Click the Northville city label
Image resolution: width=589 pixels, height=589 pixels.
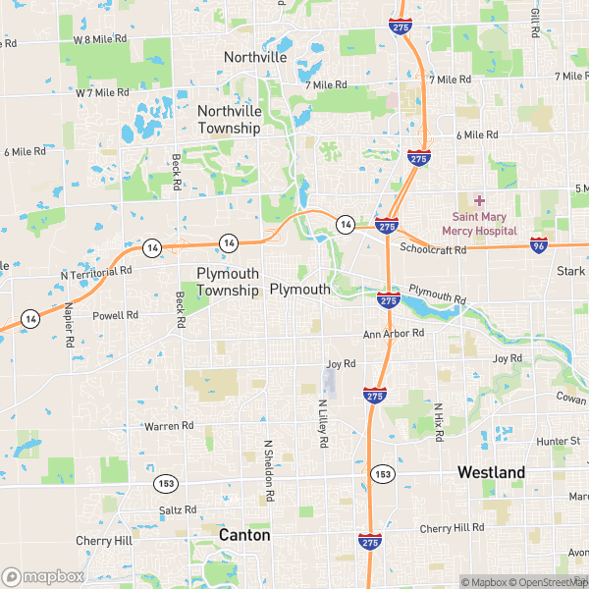(255, 57)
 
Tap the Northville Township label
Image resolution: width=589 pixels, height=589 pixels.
(229, 119)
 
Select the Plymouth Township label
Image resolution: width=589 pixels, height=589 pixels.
(228, 281)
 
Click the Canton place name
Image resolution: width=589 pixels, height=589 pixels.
(244, 535)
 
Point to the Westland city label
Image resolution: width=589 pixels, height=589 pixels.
(491, 472)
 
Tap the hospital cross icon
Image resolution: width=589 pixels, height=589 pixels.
(480, 199)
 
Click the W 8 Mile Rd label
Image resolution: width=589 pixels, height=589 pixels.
(101, 38)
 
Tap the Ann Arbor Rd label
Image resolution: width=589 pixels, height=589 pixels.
(393, 334)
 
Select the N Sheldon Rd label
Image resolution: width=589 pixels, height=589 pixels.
(267, 470)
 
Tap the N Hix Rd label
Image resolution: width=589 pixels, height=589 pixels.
(439, 420)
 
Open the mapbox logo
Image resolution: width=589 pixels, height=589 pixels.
(43, 576)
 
